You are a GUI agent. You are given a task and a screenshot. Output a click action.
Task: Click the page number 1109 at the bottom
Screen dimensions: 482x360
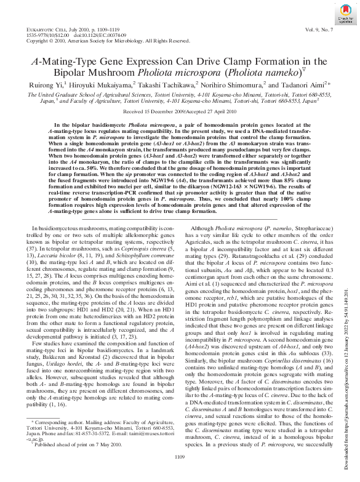(180, 473)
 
